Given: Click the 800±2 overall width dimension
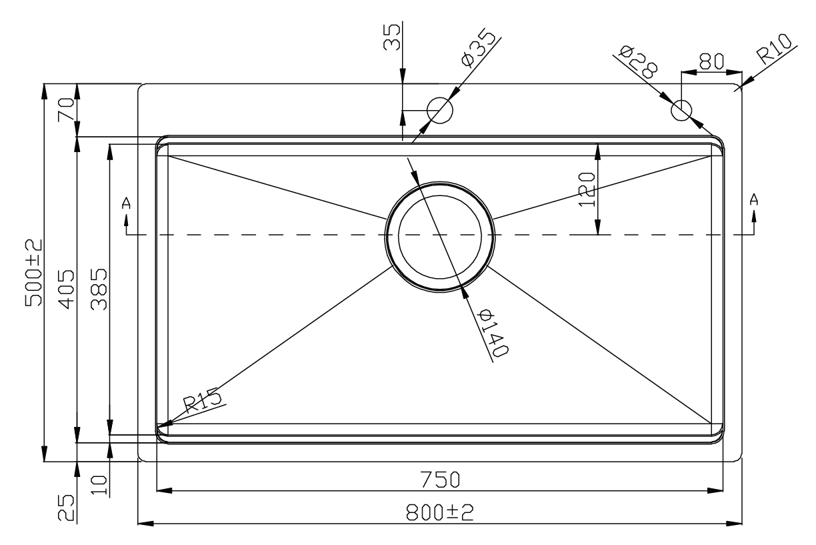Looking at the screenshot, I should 439,512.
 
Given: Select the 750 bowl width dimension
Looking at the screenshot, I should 439,480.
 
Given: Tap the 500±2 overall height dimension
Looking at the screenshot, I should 34,272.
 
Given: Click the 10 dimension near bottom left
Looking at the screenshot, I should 99,482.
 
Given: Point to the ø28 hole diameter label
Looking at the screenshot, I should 638,61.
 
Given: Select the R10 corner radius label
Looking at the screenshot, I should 774,51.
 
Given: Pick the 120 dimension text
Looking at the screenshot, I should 587,189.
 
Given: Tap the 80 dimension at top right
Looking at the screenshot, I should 709,61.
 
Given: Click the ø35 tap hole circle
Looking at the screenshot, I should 439,109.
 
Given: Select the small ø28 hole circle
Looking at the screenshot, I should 681,110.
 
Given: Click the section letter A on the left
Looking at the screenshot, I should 126,203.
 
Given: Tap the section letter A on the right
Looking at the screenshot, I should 754,199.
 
